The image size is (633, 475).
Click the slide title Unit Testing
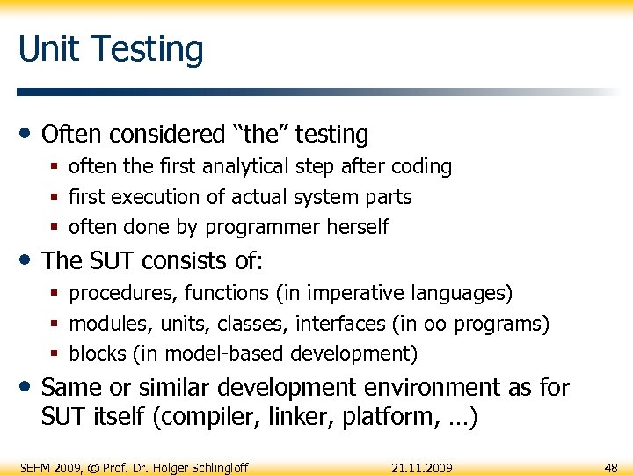coord(111,49)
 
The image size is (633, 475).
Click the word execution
coord(158,197)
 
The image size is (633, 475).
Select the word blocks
coord(98,354)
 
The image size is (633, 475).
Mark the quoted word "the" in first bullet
coord(259,135)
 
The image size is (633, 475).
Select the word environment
coord(428,388)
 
